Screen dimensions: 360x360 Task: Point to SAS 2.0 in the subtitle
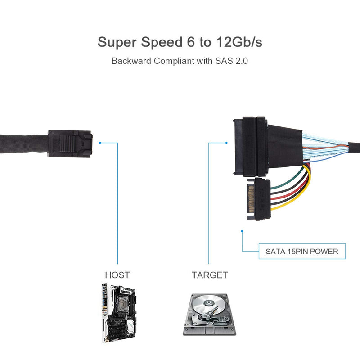tap(231, 61)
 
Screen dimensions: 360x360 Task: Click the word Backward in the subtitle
tap(131, 61)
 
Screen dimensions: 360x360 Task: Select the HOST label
tap(117, 275)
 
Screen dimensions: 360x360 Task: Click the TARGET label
tap(210, 275)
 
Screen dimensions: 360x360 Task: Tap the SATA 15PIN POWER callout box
tap(302, 251)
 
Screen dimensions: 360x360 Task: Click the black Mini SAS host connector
tap(70, 143)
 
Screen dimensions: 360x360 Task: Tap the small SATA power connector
tap(257, 199)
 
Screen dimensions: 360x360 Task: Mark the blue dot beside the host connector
tap(100, 143)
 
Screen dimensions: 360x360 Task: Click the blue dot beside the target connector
tap(226, 143)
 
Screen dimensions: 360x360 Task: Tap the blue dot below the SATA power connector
tap(242, 232)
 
